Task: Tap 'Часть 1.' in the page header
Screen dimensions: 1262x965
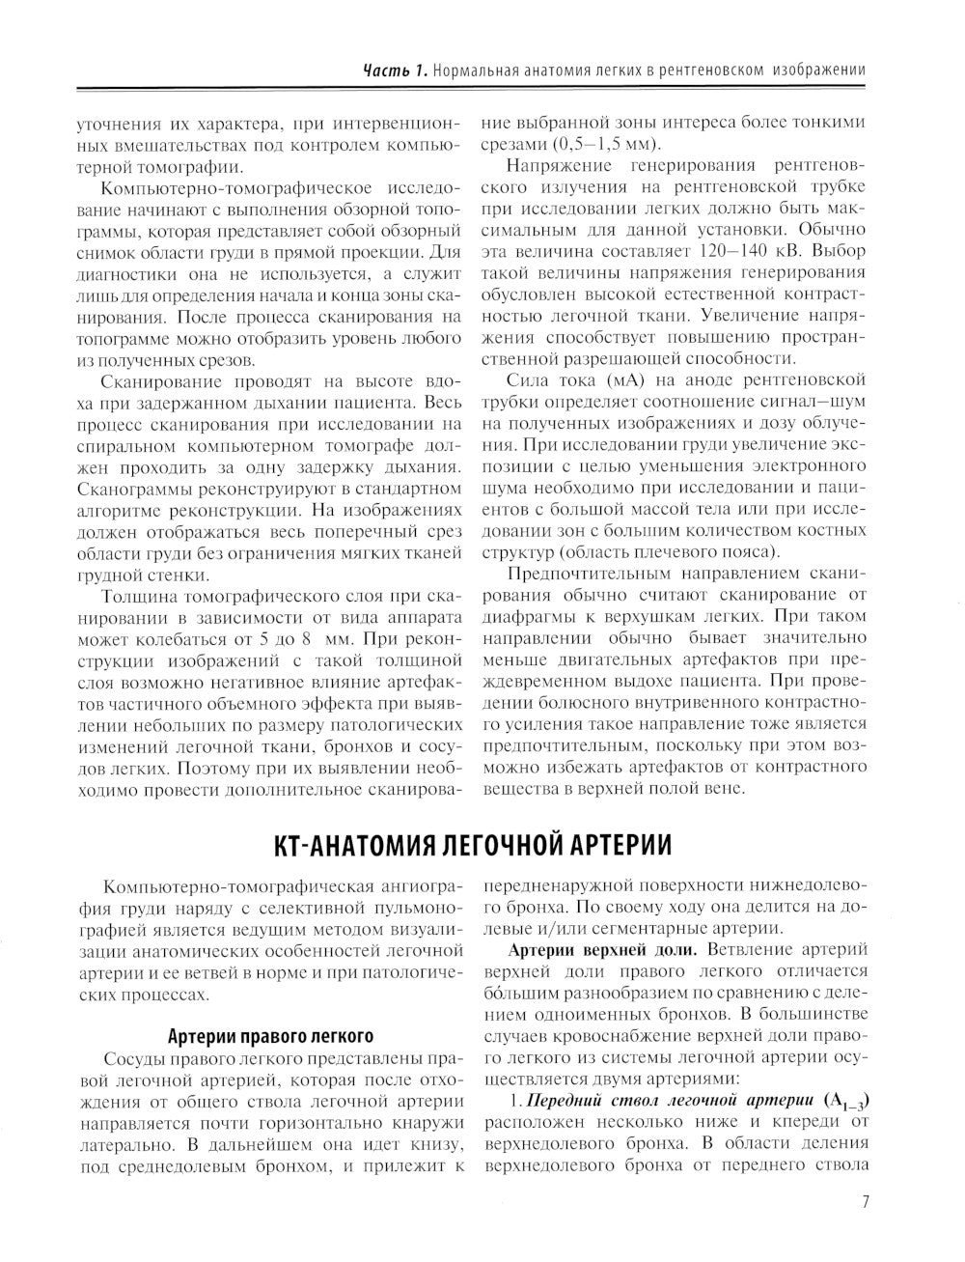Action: tap(394, 70)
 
